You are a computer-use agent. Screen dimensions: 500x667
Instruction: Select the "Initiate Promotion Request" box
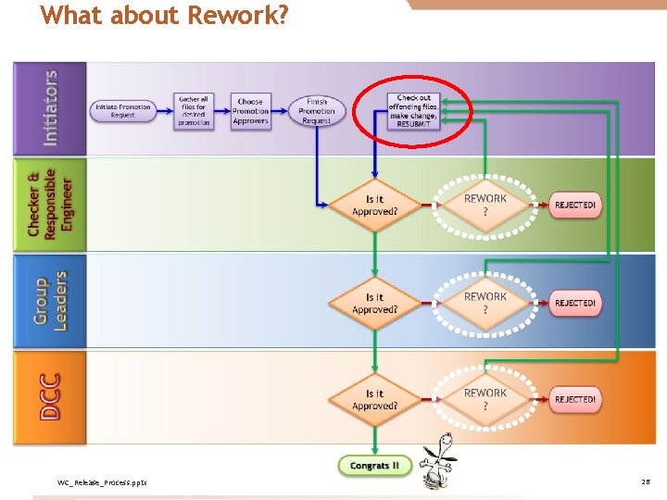122,109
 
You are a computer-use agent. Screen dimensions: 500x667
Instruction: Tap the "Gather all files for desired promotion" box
194,110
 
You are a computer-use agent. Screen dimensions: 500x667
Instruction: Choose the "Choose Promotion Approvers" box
250,110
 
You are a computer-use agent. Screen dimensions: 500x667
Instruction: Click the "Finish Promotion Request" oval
317,110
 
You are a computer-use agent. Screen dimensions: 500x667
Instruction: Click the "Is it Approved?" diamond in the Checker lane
374,205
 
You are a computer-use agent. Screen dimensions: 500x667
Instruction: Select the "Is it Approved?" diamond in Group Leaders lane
374,303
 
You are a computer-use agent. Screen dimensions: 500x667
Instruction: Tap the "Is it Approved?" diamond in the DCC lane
374,399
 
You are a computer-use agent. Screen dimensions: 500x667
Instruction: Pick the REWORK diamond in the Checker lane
485,205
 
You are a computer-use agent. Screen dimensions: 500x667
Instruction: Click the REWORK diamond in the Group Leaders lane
485,303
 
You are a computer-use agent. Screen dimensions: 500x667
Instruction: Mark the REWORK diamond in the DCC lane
485,399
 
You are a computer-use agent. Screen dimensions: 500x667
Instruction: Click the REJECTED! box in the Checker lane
575,205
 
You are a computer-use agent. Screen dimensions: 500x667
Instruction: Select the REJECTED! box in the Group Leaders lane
575,303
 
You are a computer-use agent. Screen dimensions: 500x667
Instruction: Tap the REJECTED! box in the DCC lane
575,399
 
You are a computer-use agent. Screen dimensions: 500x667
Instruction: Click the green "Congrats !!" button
374,466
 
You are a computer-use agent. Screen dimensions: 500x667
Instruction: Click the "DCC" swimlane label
50,396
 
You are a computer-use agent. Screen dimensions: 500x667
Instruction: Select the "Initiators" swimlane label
50,107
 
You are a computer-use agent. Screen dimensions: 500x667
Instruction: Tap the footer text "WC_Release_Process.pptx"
102,482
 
